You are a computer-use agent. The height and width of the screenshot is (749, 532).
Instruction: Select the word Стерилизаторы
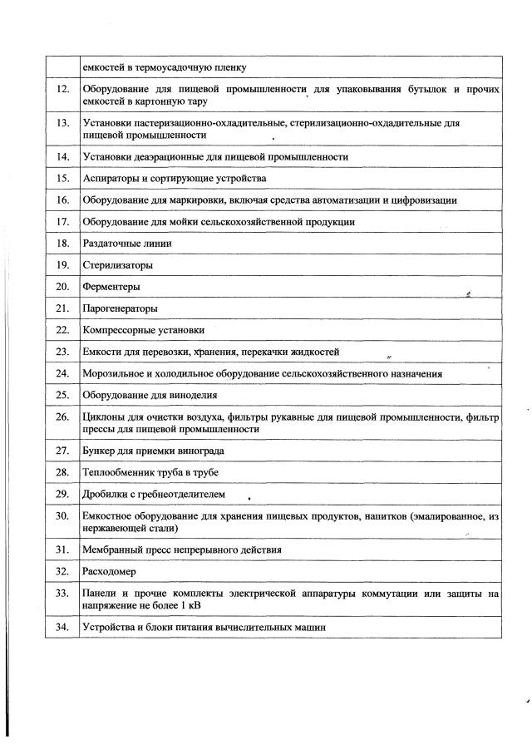coord(111,265)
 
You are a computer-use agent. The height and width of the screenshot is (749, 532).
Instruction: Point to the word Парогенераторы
coord(119,308)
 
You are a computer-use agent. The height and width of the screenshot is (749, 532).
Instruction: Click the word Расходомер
coord(110,571)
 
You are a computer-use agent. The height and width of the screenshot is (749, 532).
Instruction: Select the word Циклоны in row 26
coord(106,416)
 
